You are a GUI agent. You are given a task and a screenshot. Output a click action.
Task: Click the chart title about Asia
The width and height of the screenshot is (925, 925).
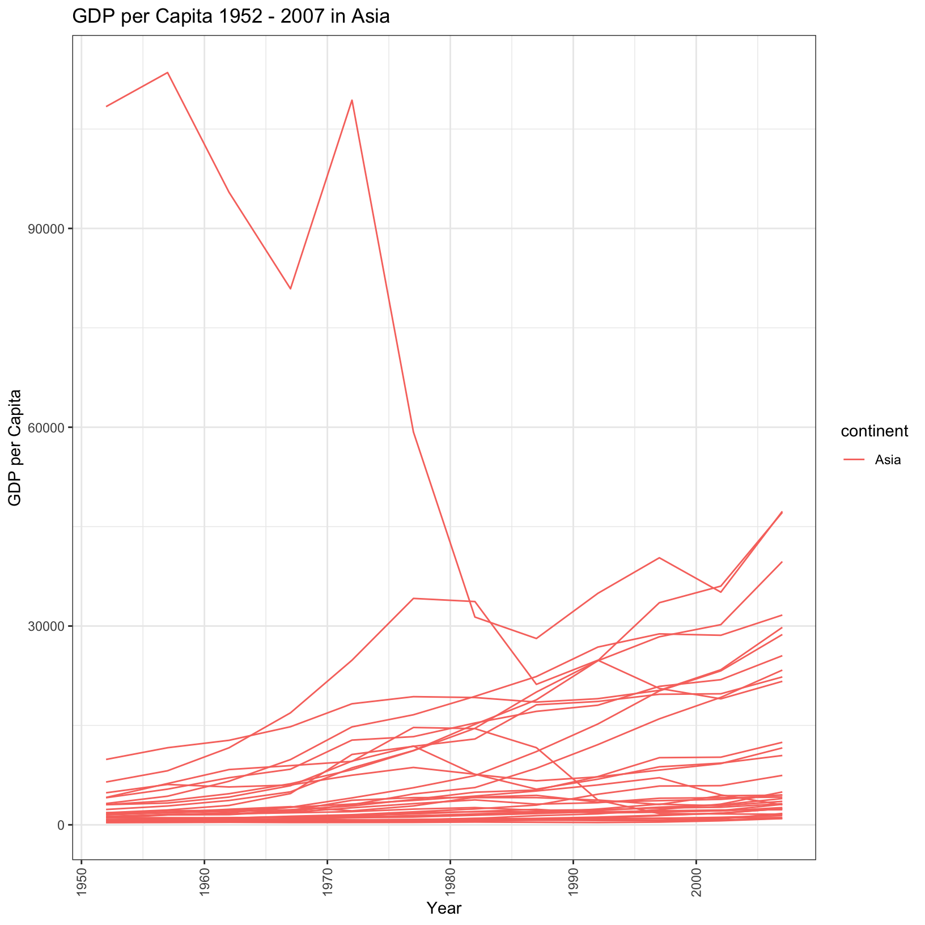pyautogui.click(x=231, y=17)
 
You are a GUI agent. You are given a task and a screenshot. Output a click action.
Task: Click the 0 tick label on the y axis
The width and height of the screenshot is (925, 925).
pyautogui.click(x=61, y=825)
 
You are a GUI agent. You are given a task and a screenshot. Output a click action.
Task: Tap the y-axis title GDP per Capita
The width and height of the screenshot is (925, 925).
pyautogui.click(x=15, y=448)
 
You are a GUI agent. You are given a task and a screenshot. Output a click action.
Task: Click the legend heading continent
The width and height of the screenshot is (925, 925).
pyautogui.click(x=874, y=432)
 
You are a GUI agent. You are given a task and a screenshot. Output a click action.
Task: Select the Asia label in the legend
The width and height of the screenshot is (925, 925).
pyautogui.click(x=888, y=460)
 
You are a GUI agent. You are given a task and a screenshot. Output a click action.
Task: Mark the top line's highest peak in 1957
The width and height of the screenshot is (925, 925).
pyautogui.click(x=168, y=73)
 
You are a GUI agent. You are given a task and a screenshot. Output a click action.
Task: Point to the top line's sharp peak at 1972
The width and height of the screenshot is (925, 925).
pyautogui.click(x=352, y=100)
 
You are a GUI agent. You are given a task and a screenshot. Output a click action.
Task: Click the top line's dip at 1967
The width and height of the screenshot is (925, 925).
pyautogui.click(x=290, y=289)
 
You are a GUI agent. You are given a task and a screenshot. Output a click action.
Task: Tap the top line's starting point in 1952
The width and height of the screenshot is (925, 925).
pyautogui.click(x=107, y=107)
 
